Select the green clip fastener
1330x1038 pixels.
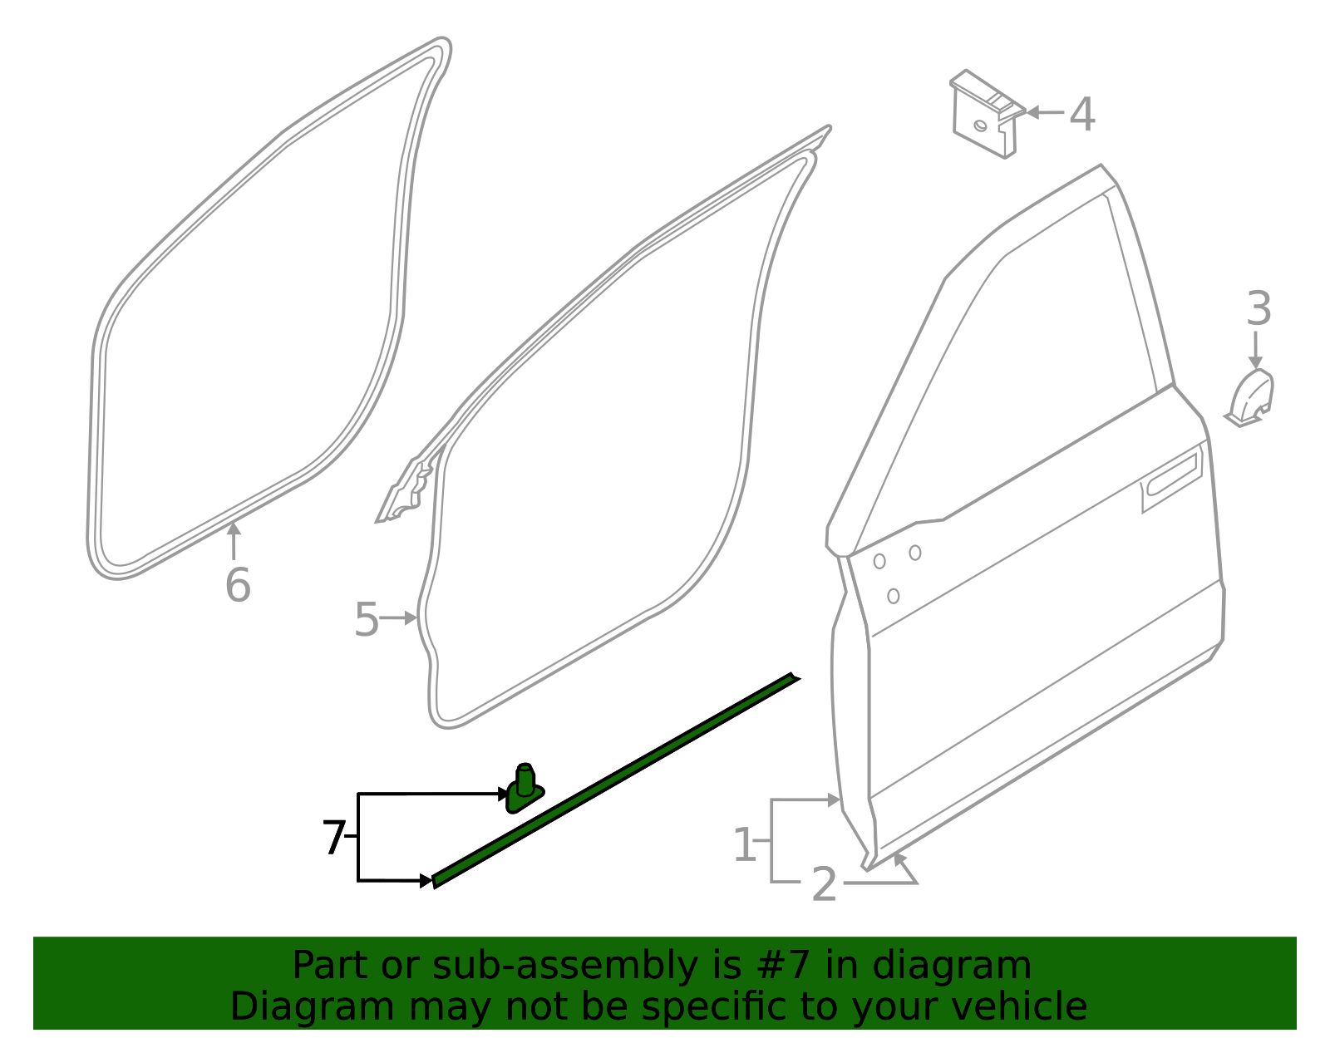(x=525, y=789)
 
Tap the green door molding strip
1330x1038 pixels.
(x=615, y=781)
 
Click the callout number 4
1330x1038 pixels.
(x=1081, y=115)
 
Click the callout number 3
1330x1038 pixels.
(x=1259, y=309)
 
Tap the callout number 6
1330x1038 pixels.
(x=238, y=585)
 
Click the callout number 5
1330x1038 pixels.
(x=367, y=620)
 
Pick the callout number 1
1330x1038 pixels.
(x=745, y=845)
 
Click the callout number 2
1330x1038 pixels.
(x=824, y=884)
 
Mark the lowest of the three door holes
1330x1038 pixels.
(x=893, y=596)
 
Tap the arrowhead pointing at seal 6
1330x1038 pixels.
(x=234, y=529)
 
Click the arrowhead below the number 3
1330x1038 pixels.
(x=1255, y=362)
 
